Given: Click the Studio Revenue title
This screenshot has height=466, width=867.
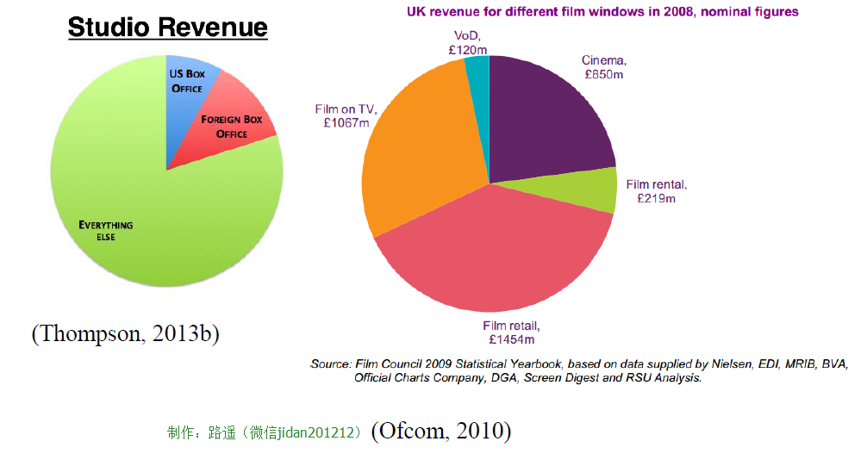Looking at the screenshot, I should coord(167,28).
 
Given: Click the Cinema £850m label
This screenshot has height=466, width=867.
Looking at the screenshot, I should coord(603,68).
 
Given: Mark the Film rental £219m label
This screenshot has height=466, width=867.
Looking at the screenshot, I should coord(657,191).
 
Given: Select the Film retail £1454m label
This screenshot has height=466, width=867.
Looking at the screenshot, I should coord(511,332).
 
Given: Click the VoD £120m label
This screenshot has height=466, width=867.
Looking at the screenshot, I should coord(468,44).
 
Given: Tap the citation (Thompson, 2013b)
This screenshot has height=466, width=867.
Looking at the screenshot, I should coord(125,333).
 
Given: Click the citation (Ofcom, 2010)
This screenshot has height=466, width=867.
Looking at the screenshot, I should coord(440,431).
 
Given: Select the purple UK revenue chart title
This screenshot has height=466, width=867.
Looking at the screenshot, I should coord(602,12).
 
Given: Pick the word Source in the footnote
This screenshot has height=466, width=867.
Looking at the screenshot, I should coord(330,364).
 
